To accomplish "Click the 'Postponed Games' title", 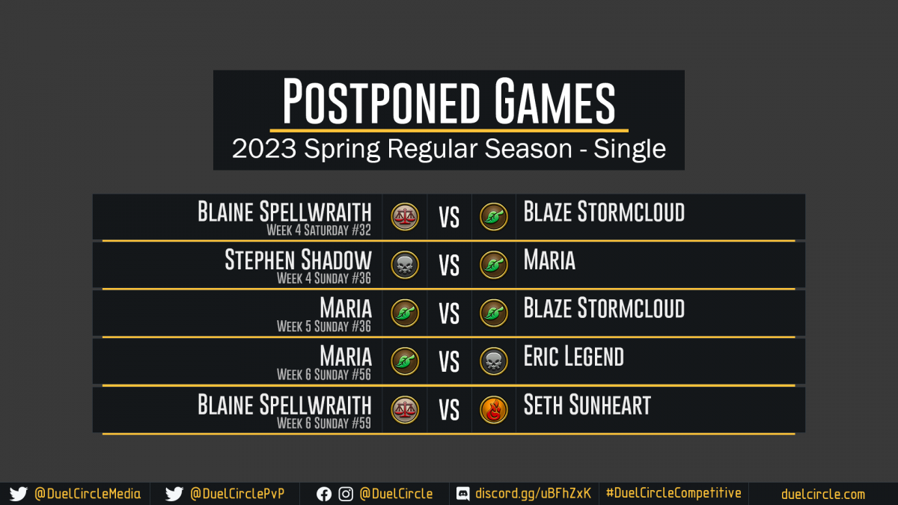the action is pos(448,102).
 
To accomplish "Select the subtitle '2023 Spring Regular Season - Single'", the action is pos(448,149).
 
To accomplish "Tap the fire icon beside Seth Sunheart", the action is pos(493,410).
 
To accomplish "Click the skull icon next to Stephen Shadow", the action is pos(405,265).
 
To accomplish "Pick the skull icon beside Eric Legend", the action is pos(493,361).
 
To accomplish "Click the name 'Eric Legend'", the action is pos(574,356).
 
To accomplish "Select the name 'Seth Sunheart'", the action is pos(587,405).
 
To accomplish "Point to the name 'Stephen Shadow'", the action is pos(299,260).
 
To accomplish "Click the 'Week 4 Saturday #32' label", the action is pos(319,230).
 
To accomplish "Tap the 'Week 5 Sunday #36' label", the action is pos(324,327).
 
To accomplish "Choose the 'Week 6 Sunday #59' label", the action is pos(324,423).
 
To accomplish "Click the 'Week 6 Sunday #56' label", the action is pos(324,375).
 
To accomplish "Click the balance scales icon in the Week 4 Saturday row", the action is pos(405,217).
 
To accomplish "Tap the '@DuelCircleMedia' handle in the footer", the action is pos(88,494).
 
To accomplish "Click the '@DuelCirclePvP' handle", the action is pos(237,494).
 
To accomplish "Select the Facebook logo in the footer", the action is pos(324,495).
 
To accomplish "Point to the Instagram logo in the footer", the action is pos(346,495).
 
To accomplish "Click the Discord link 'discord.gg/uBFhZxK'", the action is pos(533,493).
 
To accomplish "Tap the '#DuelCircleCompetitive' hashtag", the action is pos(673,493).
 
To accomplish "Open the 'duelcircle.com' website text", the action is pos(823,495).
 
